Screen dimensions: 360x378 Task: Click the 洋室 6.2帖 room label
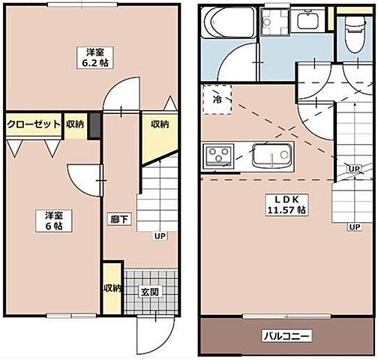pos(94,58)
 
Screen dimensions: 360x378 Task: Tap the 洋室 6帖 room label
pos(52,220)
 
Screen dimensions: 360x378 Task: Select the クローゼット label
pos(34,124)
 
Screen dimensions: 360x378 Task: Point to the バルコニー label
pos(286,335)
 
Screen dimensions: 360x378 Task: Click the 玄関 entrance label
pos(149,291)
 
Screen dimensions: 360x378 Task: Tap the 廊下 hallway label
pos(119,220)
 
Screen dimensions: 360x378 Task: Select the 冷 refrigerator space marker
pos(217,99)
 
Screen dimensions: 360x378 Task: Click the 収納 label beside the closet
pos(74,124)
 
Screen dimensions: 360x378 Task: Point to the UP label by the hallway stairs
pos(159,236)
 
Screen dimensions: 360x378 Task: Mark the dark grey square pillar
pos(94,126)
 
